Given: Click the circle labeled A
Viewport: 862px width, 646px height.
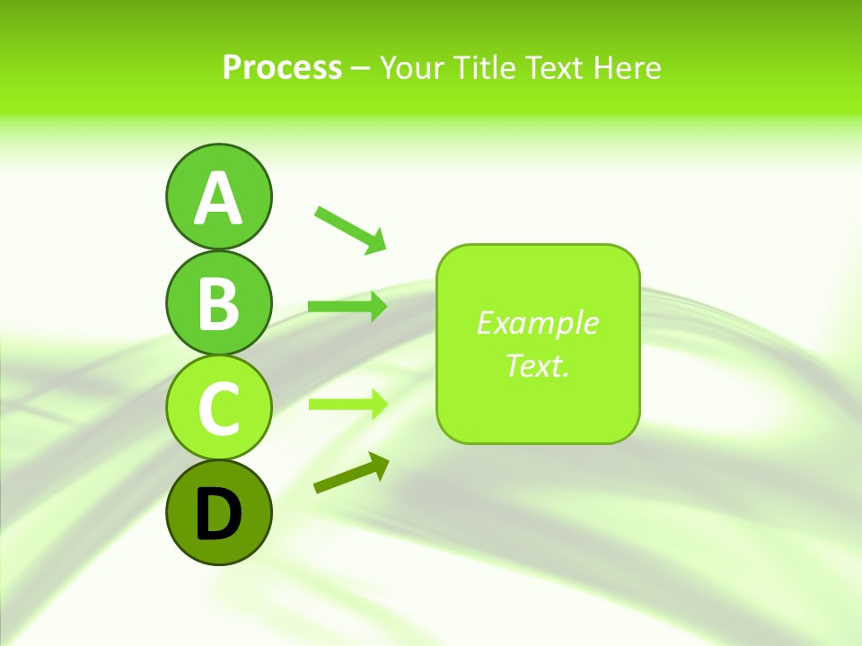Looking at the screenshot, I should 218,196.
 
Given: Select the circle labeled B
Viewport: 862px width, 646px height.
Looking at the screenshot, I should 218,302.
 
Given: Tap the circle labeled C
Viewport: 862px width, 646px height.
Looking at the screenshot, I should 218,407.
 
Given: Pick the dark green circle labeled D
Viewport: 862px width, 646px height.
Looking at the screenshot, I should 218,512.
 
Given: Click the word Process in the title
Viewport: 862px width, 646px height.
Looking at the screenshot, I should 282,67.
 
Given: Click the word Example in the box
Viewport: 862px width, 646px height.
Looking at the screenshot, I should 537,323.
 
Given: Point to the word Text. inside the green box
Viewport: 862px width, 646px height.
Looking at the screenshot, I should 537,366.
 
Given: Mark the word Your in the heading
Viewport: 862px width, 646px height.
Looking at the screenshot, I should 412,67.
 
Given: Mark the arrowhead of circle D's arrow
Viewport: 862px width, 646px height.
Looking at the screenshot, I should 378,465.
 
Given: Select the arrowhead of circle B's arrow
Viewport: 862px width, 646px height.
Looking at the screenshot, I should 377,307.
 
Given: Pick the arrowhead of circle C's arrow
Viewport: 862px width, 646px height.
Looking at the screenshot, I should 377,405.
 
